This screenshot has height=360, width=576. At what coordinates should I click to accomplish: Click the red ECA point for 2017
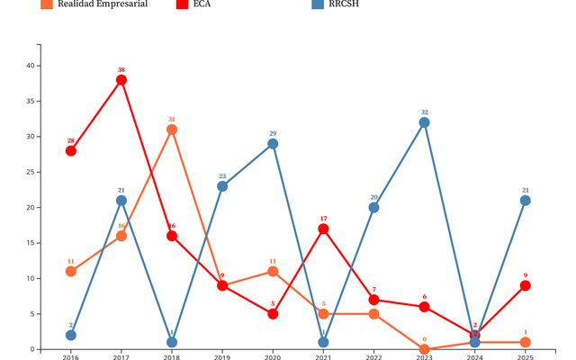point(121,80)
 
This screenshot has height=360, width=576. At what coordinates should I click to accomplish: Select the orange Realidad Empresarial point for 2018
point(172,130)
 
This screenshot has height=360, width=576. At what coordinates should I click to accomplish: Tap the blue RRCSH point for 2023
point(424,122)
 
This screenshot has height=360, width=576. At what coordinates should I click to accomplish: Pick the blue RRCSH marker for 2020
point(273,144)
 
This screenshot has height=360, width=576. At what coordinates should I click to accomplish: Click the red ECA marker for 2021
point(323,229)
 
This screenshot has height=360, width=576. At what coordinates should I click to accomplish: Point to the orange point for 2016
point(70,271)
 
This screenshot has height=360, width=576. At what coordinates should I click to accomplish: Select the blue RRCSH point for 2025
point(525,201)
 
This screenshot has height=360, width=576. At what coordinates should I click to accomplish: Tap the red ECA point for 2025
point(525,285)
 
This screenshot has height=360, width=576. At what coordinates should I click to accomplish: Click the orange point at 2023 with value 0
point(424,349)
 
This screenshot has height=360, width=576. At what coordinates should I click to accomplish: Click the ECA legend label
point(202,4)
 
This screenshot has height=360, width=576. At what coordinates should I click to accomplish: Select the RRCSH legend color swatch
point(317,4)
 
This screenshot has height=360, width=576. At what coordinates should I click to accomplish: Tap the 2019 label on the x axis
point(222,357)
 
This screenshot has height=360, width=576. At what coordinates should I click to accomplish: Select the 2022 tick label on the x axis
point(373,357)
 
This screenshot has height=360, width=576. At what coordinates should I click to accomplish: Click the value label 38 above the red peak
point(121,69)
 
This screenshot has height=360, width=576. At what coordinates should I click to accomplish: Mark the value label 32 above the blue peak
point(424,112)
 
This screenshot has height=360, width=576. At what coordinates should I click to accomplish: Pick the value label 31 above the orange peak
point(172,119)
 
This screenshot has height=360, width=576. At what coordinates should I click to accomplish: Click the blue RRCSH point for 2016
point(70,335)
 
